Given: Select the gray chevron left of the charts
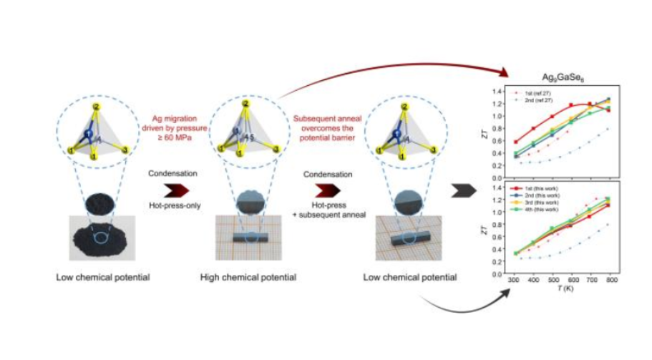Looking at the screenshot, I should pos(466,191).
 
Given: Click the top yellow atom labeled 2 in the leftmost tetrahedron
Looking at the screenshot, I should pos(94,107).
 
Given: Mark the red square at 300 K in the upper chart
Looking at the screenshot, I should pos(516,142).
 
